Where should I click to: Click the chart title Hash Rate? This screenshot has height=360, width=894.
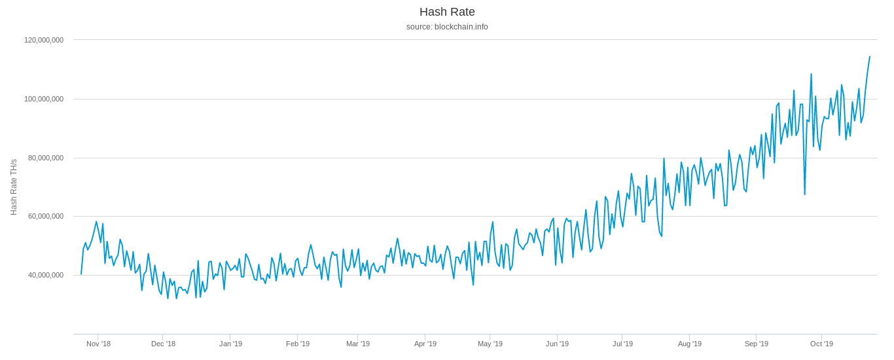coord(447,12)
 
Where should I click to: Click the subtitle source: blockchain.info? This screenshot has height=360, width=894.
coord(447,27)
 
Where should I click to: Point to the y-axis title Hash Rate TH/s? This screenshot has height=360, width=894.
coord(14,187)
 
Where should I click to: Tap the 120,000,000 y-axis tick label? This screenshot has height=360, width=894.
coord(44,40)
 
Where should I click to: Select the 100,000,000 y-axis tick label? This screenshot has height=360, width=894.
coord(44,99)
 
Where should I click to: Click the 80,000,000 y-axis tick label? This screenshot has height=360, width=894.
coord(46,158)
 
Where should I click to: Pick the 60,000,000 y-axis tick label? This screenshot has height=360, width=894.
coord(46,216)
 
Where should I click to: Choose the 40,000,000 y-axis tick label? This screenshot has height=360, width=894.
coord(46,275)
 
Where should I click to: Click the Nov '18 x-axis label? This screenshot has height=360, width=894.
coord(98,344)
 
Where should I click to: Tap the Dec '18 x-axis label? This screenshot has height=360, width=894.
coord(163,344)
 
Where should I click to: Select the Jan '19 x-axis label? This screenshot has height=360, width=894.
coord(230,344)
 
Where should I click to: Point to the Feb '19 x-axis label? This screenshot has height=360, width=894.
coord(298,344)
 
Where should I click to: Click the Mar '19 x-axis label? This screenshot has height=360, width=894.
coord(358,344)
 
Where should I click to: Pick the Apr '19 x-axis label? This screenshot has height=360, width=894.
coord(425,344)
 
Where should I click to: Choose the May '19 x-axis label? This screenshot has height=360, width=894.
coord(490,344)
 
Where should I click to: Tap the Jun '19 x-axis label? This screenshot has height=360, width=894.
coord(558,344)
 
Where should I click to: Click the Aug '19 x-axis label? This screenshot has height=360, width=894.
coord(690,344)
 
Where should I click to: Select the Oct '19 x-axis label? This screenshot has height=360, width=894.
coord(822,344)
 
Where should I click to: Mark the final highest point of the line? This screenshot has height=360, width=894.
coord(870,57)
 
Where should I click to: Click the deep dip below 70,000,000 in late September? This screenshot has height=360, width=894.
coord(805,194)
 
